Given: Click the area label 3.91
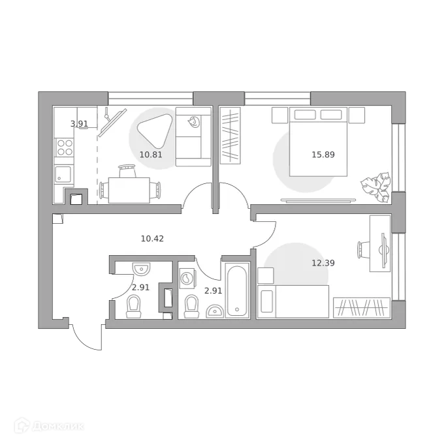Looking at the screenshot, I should [x=79, y=123].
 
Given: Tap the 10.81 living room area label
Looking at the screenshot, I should [x=150, y=155].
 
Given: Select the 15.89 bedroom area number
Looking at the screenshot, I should [x=323, y=155].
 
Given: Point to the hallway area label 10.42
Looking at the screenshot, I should [x=152, y=238].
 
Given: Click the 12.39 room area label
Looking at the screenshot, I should [x=323, y=263].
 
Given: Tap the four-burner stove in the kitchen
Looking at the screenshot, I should [x=65, y=147].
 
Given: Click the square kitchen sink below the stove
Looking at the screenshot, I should [x=64, y=174].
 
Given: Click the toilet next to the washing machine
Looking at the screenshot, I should [x=191, y=305].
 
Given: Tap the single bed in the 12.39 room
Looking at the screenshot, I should [x=293, y=301].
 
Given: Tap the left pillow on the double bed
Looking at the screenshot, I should [x=304, y=115].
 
